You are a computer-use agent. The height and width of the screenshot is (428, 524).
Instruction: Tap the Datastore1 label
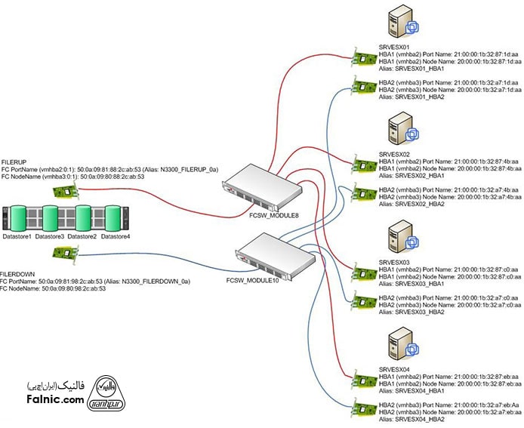17,237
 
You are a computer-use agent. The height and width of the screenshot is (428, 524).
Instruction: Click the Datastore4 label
116,237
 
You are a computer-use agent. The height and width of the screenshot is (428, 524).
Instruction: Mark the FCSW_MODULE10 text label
252,279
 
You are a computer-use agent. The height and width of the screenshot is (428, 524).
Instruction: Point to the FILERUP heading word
15,162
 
